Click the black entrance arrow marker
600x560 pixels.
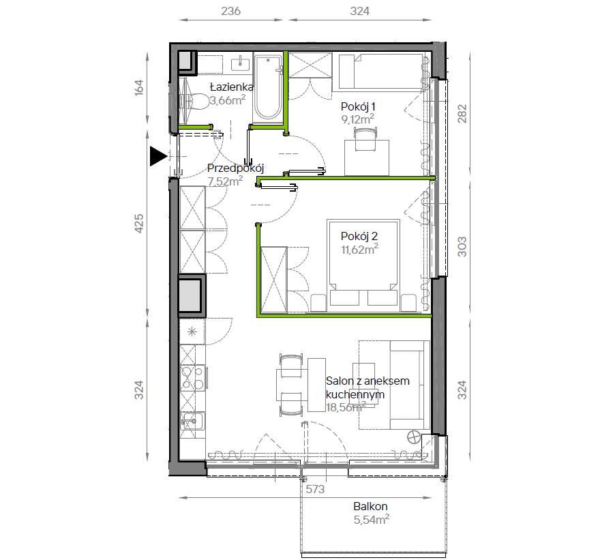coord(157,156)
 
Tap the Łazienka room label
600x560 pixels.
coord(232,87)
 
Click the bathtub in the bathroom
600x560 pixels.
coord(268,88)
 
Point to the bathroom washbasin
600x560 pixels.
coord(241,63)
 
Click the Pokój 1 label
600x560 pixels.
coord(358,106)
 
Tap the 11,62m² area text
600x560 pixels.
coord(360,250)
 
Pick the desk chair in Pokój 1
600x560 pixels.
coord(366,139)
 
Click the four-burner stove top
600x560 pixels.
coord(192,378)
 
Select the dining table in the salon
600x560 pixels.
coord(316,385)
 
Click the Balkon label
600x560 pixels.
coord(370,506)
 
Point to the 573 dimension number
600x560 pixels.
coord(315,489)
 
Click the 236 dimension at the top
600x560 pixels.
coord(230,11)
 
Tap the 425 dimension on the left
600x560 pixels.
coord(139,224)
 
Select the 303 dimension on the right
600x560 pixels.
coord(462,247)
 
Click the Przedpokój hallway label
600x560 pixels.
coord(236,168)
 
